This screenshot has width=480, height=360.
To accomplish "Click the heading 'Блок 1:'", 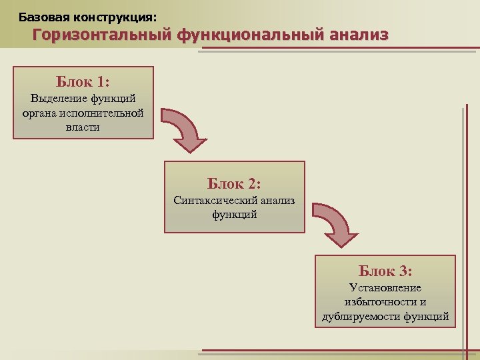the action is (x=83, y=82).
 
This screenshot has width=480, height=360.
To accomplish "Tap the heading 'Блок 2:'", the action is (x=234, y=183).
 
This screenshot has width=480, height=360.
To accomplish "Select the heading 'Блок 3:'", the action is (x=385, y=271).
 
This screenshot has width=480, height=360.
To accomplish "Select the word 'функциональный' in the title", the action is (x=250, y=35).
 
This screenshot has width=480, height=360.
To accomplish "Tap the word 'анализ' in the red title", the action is (x=358, y=35).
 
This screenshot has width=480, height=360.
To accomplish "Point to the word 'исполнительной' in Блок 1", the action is (x=103, y=113).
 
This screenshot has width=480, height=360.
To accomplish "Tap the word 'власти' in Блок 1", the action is (x=83, y=127).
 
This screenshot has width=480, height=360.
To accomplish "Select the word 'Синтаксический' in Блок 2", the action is (x=212, y=200).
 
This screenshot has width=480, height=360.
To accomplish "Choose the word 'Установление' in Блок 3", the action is (x=385, y=288).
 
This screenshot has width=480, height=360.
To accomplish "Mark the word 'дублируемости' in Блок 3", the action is (x=361, y=316).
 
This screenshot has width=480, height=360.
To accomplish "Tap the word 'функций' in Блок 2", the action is (x=234, y=214).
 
